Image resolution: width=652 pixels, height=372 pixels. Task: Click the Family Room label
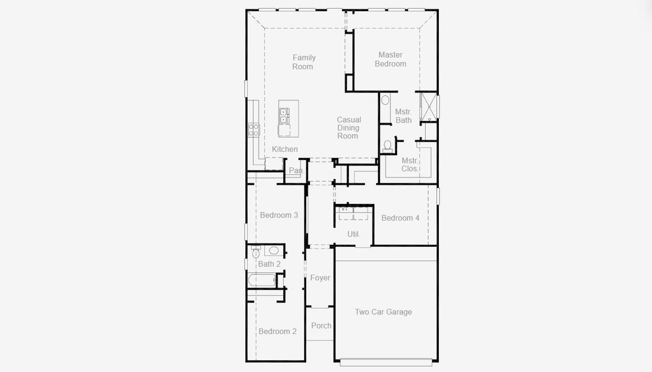click(304, 62)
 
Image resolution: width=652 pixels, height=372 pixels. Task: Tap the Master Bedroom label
click(390, 60)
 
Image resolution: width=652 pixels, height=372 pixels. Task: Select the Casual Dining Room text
click(348, 128)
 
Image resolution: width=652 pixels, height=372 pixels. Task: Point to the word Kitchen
click(284, 149)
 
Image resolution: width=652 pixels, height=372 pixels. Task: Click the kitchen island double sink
click(283, 116)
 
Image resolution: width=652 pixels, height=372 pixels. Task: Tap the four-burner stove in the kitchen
click(253, 129)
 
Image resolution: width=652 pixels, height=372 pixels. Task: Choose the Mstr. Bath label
click(403, 116)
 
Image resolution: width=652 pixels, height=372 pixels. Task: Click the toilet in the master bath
click(388, 146)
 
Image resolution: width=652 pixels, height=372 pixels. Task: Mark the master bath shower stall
click(428, 107)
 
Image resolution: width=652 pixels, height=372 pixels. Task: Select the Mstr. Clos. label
click(410, 164)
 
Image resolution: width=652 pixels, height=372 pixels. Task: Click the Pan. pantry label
click(296, 170)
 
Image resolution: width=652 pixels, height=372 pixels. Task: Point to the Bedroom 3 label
click(279, 215)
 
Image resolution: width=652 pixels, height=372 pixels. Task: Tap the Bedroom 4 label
click(400, 218)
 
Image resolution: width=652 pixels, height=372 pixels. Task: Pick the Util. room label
click(353, 234)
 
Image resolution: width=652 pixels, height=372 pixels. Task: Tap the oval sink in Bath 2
click(273, 251)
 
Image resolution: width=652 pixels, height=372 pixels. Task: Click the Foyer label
click(320, 278)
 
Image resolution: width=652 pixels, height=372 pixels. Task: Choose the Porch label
click(321, 325)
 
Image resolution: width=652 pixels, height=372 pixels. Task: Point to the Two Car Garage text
click(383, 312)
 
